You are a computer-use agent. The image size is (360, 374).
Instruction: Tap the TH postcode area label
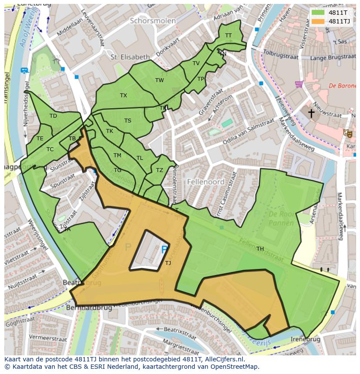coord(260,249)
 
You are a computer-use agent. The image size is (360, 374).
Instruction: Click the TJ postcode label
coord(168,263)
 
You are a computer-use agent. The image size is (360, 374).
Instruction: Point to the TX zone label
coord(123,95)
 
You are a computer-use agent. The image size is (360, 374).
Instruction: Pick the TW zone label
coord(160,80)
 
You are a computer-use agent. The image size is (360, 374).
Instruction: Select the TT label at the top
coord(228,36)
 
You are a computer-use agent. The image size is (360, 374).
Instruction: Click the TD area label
coord(53,116)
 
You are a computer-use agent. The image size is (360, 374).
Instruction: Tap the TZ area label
coord(159,170)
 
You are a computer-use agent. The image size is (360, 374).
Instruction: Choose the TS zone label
coord(128,121)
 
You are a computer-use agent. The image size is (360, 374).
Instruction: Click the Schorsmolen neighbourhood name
coord(153,21)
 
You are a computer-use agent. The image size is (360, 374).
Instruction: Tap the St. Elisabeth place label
coord(130,57)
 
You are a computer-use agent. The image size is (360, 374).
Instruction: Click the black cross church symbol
coord(311,113)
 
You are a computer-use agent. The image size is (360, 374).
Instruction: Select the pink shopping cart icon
coord(299,84)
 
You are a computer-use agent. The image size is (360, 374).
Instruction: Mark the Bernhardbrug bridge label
coord(88,307)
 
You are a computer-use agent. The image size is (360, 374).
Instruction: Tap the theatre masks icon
coord(347,133)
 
